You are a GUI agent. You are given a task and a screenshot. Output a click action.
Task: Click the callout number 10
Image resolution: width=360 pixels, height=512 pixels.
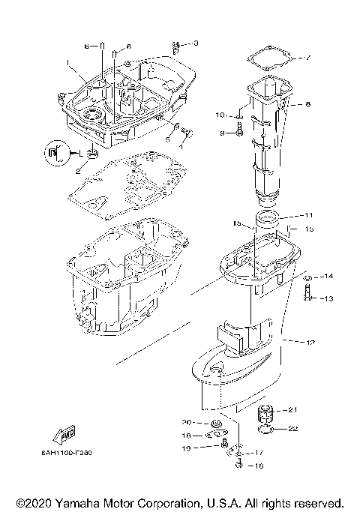(220, 115)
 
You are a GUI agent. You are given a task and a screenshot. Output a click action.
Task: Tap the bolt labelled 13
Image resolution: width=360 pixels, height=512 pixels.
(309, 298)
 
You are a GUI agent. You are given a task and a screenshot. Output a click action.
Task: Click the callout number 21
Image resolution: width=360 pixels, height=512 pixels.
(293, 409)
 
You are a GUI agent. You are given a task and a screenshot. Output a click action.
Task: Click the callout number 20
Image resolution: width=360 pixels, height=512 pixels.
(187, 421)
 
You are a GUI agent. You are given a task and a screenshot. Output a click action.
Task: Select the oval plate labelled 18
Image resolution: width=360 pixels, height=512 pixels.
(214, 433)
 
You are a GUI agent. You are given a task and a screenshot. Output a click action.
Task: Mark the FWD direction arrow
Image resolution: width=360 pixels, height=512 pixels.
(61, 434)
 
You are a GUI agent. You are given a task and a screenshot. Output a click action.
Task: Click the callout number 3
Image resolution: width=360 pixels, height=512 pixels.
(196, 43)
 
